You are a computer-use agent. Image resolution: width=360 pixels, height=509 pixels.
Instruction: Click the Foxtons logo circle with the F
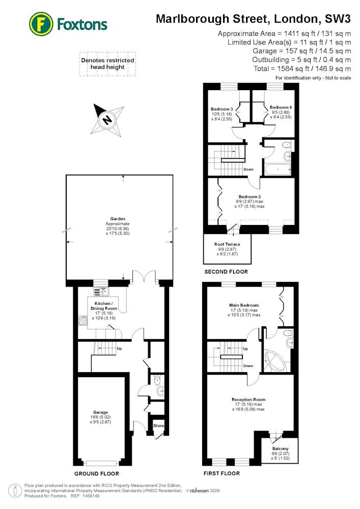pos(41,24)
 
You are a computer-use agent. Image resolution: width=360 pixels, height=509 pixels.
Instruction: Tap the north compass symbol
pos(107,120)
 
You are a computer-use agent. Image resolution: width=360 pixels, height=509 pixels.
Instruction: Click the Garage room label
pos(100,412)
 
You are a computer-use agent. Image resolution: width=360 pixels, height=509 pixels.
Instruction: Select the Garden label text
pos(118,219)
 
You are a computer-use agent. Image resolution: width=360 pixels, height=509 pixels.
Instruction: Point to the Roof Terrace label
pos(227,244)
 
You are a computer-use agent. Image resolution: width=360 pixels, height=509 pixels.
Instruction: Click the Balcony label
pos(281,448)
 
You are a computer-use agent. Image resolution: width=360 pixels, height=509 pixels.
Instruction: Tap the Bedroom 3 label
pos(221,109)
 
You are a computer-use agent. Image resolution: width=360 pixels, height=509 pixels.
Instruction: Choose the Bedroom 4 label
pos(281,107)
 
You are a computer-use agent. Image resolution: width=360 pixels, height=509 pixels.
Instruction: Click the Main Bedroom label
pos(244,305)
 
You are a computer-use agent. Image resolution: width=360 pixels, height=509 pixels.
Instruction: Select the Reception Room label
pos(248,400)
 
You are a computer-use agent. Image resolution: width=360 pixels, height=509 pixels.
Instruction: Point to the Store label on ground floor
pos(159,426)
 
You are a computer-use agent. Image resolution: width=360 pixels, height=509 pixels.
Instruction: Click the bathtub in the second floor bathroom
pos(277,169)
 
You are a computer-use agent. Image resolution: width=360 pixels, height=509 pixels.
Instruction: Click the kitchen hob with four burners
pos(83,321)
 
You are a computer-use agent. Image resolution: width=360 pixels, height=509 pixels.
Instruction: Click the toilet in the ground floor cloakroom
pos(157,379)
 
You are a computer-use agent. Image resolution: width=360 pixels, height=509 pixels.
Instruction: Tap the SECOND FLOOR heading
pos(226,272)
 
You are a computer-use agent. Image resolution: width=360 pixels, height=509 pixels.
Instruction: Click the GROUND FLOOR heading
pos(97,473)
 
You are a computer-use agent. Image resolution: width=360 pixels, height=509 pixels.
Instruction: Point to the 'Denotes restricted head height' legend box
pos(107,64)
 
